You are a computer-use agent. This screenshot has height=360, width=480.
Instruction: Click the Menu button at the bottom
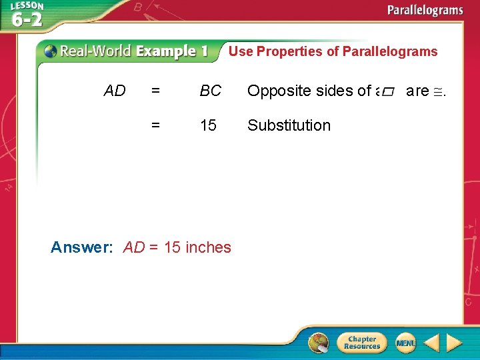[405, 343]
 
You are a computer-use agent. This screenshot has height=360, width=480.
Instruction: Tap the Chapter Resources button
[361, 343]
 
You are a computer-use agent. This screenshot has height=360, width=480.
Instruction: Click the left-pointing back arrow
[432, 343]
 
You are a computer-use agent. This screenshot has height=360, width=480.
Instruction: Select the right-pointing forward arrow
[455, 343]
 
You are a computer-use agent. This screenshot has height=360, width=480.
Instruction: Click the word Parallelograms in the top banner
[425, 10]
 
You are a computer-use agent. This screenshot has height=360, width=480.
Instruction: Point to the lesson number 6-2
[27, 19]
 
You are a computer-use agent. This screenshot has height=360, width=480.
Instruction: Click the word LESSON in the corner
[26, 6]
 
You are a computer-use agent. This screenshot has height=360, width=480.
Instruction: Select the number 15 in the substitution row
[208, 125]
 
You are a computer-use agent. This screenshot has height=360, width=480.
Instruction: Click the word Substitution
[289, 125]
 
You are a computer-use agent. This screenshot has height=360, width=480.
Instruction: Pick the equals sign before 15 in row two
[155, 125]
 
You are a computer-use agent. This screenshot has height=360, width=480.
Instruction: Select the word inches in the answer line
[208, 247]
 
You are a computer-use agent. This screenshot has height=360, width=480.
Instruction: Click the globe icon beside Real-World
[51, 51]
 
